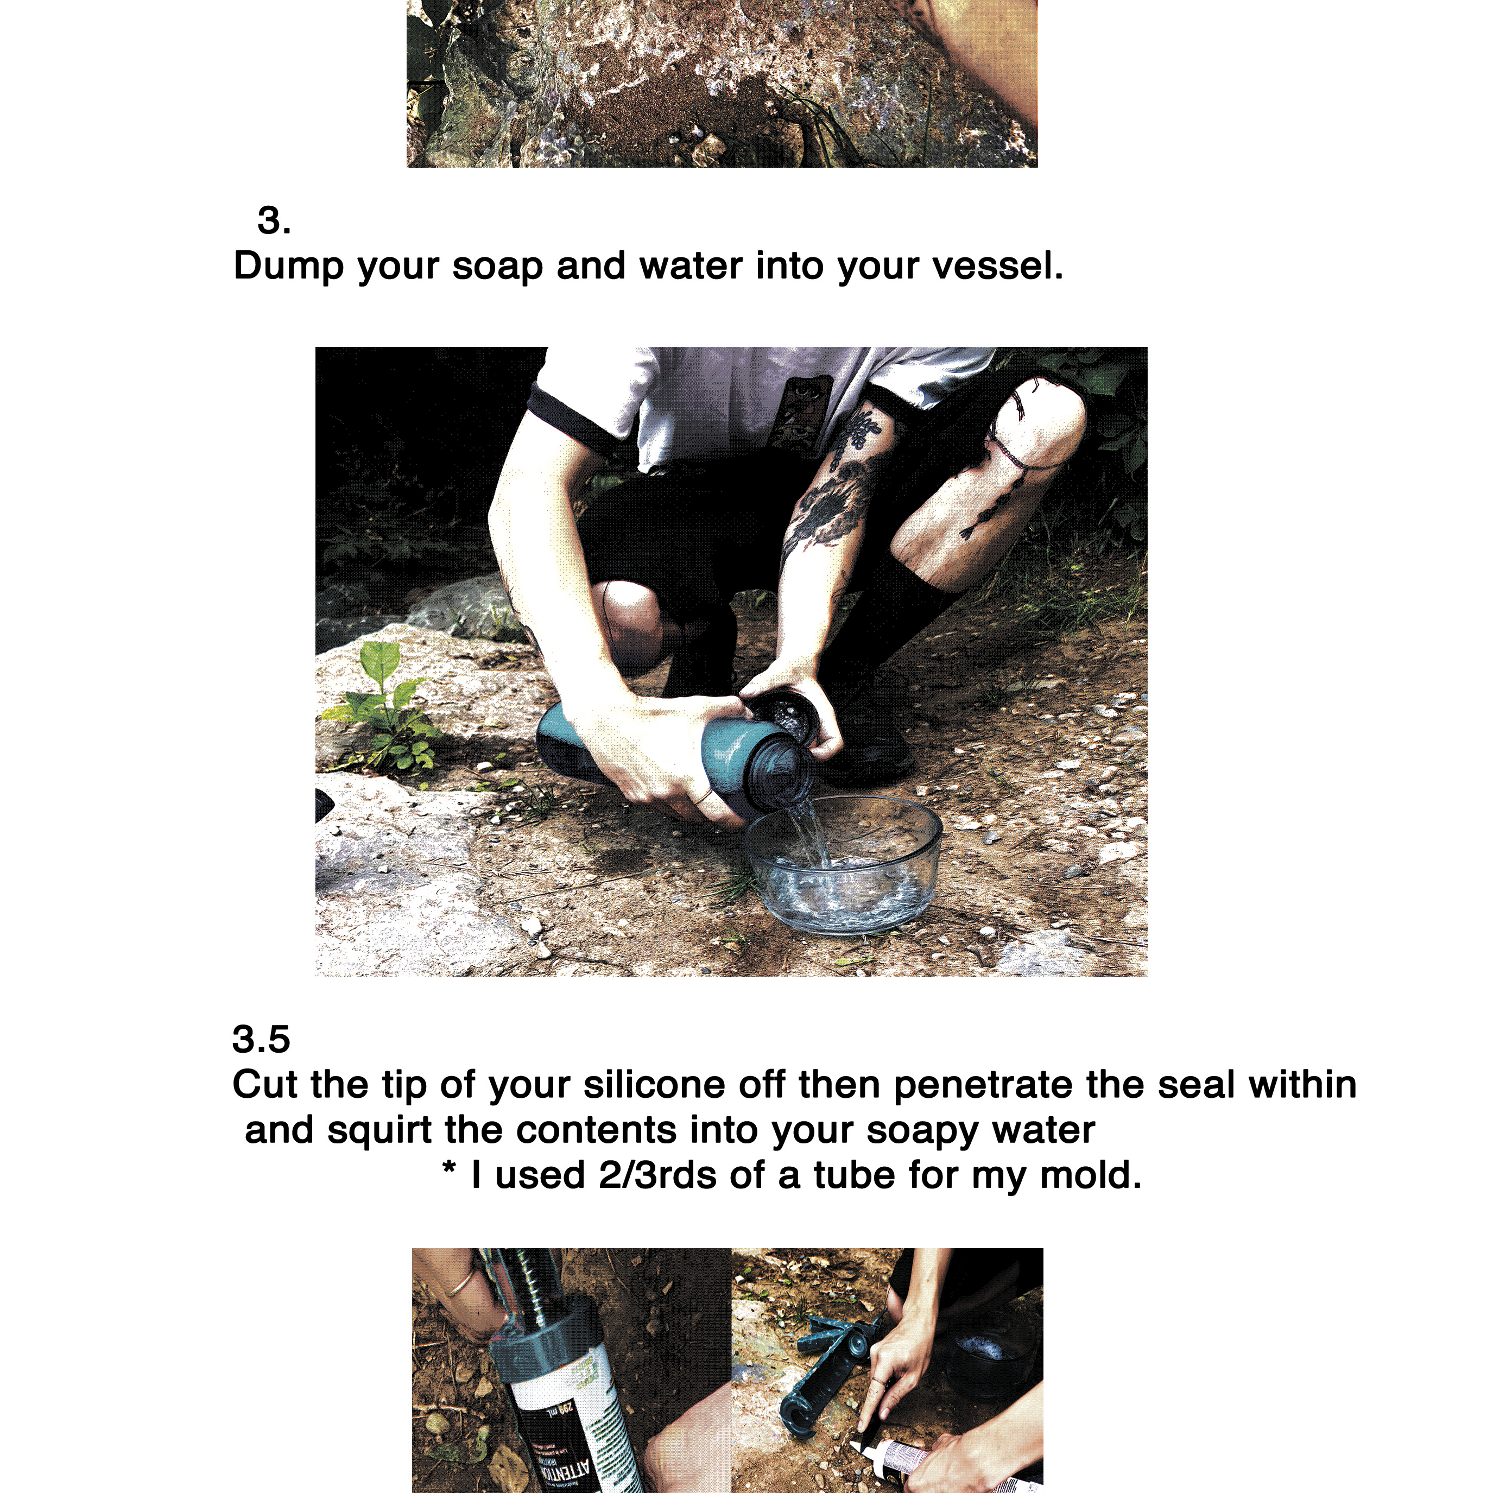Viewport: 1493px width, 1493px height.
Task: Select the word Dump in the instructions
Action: point(288,267)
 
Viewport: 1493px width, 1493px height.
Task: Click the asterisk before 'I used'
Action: point(448,1168)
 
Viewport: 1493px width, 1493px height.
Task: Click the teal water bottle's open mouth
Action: point(787,774)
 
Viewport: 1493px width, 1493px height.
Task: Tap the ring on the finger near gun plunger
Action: point(461,1286)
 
